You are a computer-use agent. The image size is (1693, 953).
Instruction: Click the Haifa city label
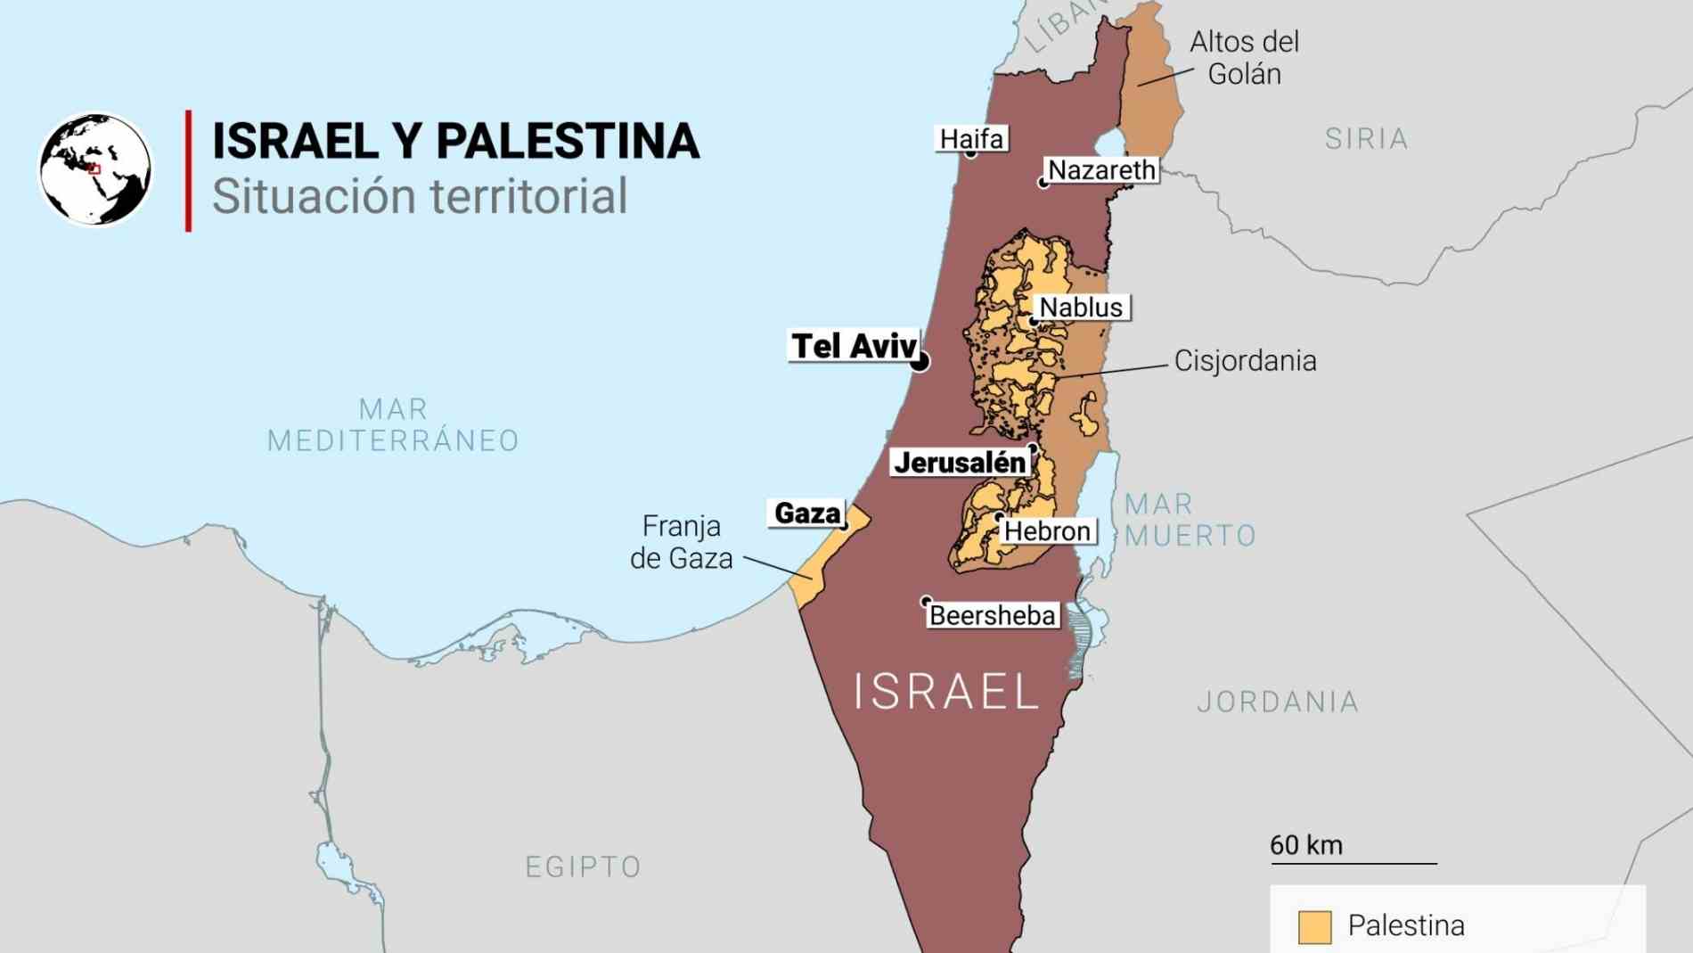[971, 139]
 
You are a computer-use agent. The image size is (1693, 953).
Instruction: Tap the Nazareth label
[1101, 170]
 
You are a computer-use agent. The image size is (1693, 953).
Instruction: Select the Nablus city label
[1081, 308]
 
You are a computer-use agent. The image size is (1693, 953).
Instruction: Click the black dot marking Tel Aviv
[920, 361]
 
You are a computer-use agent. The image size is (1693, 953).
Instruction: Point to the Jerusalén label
[960, 463]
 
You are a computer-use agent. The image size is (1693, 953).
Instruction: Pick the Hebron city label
[1047, 531]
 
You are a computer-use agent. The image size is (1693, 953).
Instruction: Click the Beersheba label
[992, 615]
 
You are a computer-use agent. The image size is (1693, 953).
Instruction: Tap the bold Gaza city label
[807, 513]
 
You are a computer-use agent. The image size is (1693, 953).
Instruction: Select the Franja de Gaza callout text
[682, 542]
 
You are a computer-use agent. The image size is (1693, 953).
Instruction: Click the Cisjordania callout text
[1245, 361]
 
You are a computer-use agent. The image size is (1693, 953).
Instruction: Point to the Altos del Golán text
[1244, 58]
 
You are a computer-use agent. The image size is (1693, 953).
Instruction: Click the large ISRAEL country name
[946, 692]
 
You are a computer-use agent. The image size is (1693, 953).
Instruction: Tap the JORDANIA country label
[1278, 702]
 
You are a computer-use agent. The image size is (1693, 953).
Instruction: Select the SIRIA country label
[1366, 139]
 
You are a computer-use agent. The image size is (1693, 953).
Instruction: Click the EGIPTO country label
[584, 867]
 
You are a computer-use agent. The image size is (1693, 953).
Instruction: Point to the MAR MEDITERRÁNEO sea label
[393, 425]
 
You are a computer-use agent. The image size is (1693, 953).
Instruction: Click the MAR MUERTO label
[1190, 520]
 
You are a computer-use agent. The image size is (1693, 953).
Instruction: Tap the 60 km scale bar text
[1306, 845]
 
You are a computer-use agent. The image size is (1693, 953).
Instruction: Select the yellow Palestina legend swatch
[1314, 926]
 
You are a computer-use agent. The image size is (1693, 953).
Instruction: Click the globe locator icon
[95, 168]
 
